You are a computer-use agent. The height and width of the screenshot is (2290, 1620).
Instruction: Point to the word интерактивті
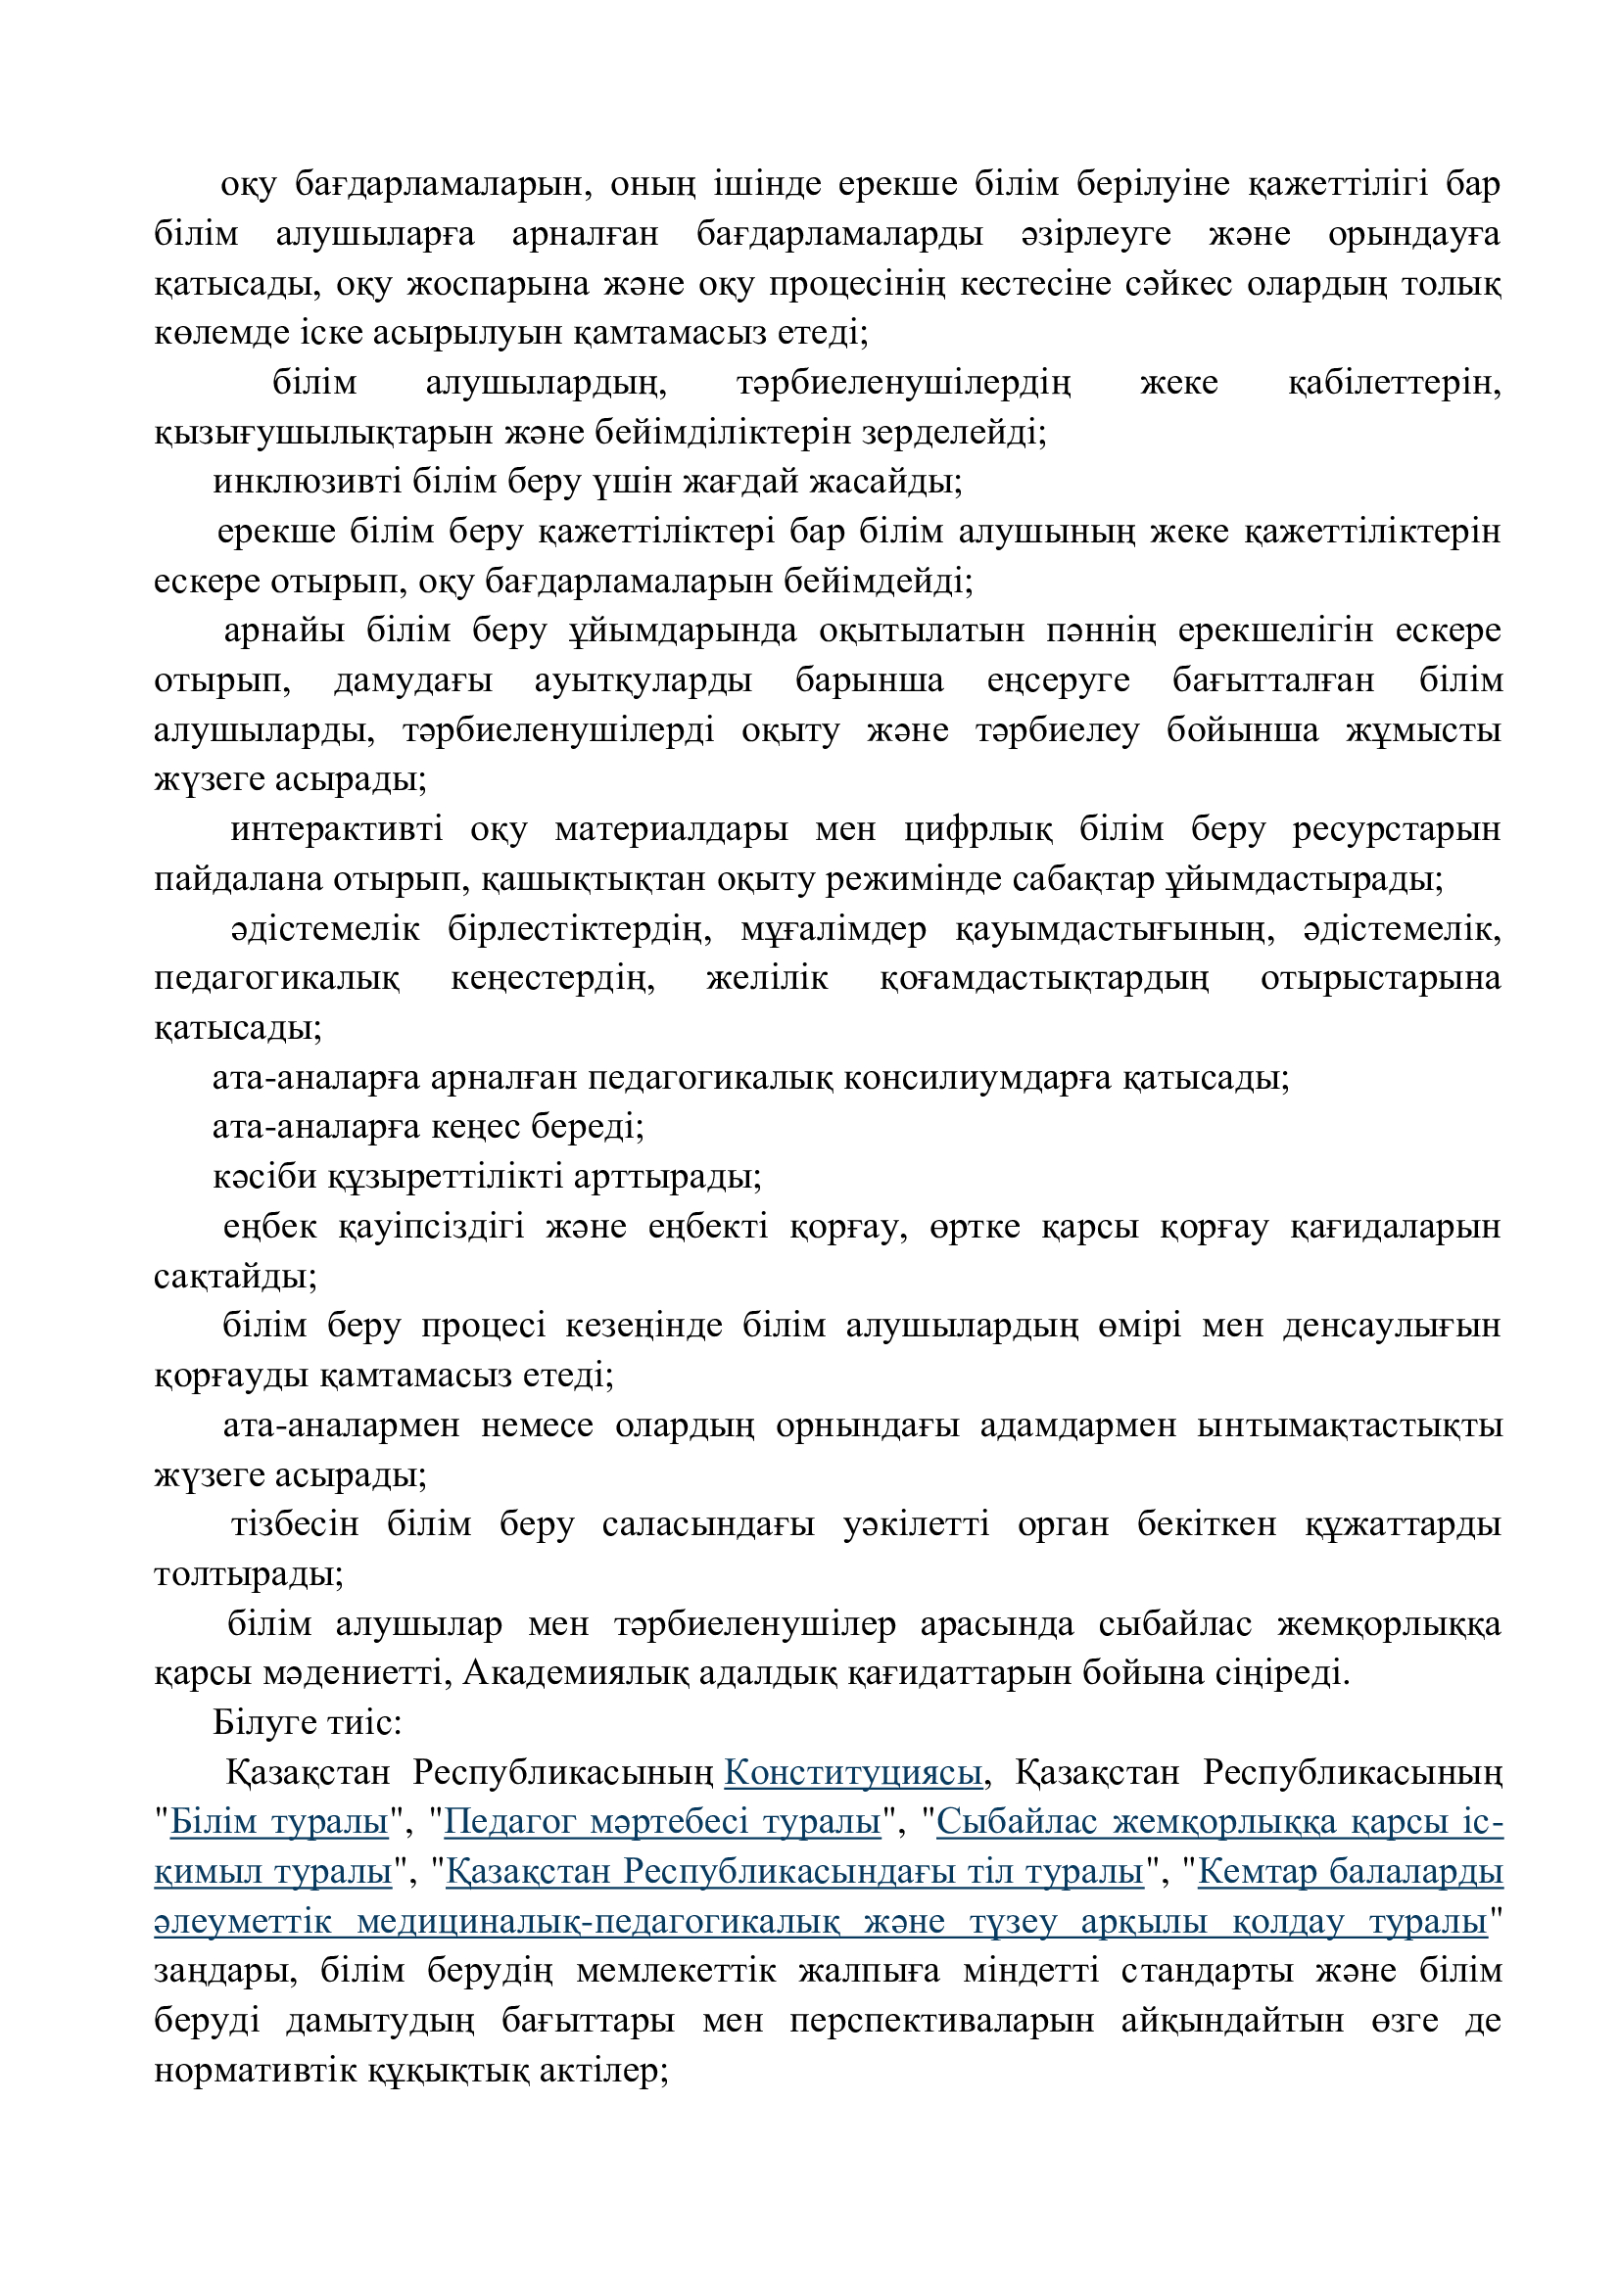(336, 830)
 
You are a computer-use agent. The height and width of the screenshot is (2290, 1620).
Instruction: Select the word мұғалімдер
(833, 929)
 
